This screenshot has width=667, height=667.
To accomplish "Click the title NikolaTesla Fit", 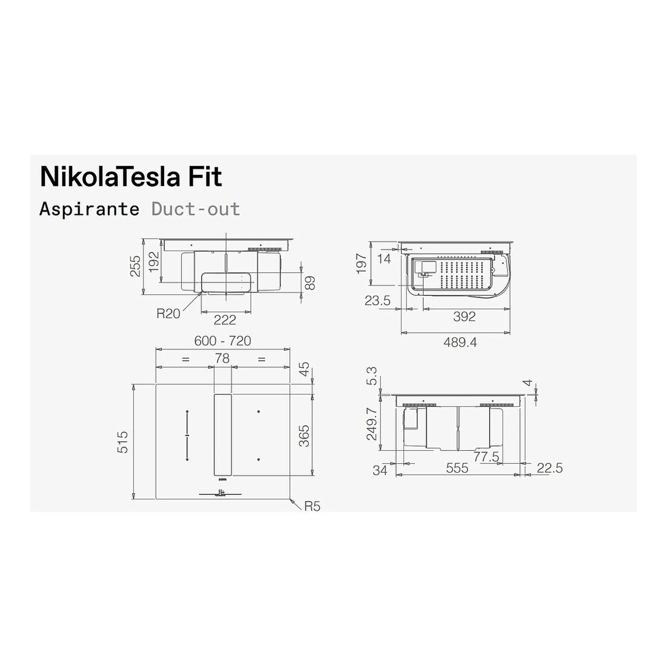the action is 131,177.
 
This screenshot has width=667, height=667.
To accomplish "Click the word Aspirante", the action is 89,209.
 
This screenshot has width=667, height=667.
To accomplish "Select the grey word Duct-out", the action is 196,209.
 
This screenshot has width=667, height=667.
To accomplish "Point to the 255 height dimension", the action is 135,266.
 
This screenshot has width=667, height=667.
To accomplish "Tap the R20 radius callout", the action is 168,314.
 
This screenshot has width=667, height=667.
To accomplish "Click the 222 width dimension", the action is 225,320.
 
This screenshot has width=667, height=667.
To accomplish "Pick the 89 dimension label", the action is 310,283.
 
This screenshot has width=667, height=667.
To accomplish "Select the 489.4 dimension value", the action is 460,342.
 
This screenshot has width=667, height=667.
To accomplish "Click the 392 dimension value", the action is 464,316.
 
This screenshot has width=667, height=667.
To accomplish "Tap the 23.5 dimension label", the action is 377,301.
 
